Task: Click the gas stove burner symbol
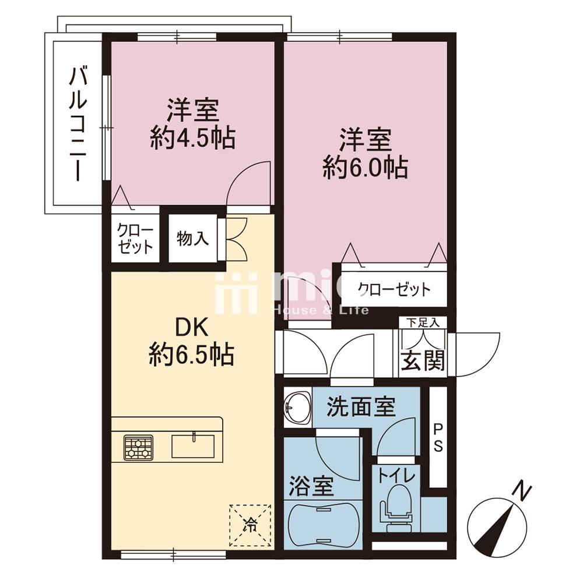point(139,448)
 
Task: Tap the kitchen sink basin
point(193,446)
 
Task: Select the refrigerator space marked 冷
point(250,525)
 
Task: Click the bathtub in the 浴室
point(324,525)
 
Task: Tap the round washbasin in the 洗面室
point(298,408)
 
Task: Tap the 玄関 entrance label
point(423,360)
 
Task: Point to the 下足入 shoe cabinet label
point(422,322)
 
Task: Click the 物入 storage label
point(192,238)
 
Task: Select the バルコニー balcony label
point(78,124)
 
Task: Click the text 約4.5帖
point(192,139)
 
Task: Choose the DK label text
point(191,328)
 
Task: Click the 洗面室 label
point(361,406)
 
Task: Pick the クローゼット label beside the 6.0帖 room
point(394,289)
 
